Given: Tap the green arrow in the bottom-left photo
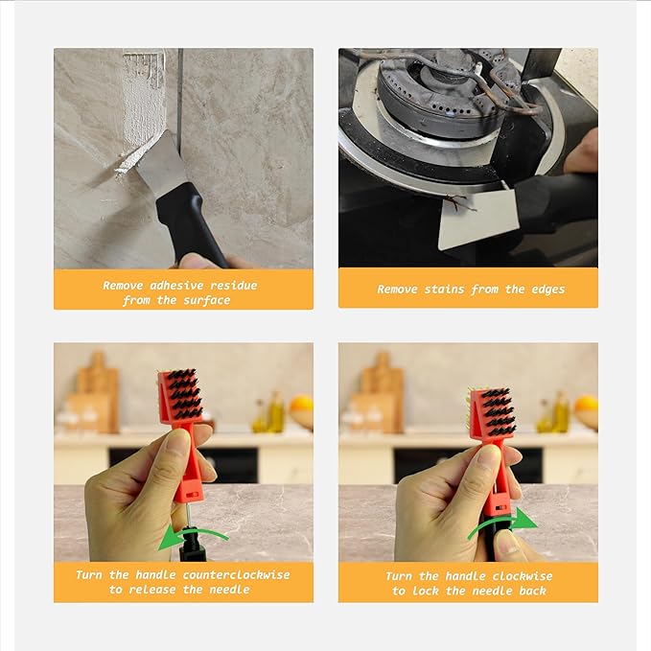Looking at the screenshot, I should tap(198, 533).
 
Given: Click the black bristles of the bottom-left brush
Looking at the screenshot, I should tap(186, 394).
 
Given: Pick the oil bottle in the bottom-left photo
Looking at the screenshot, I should tap(276, 412).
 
